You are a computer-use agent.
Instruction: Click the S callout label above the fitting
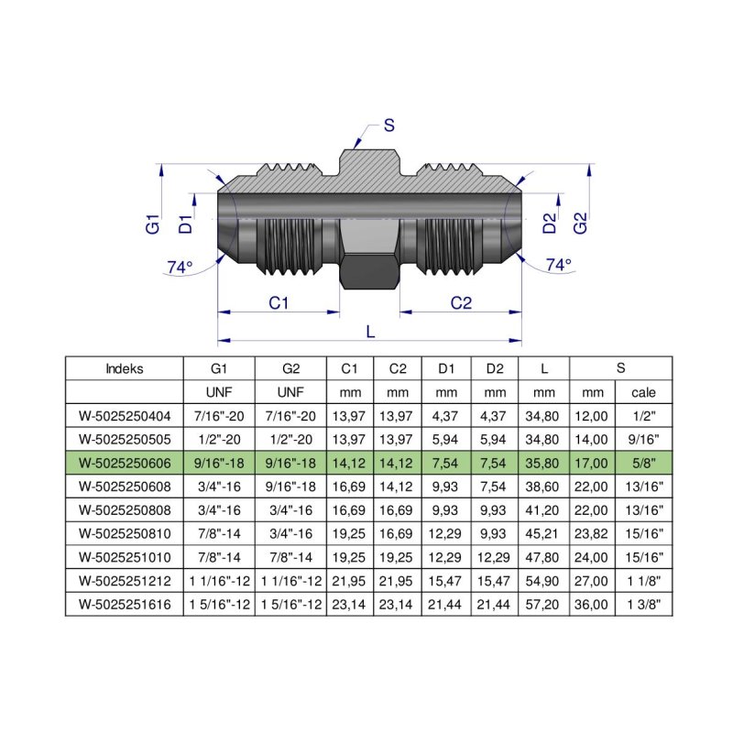(388, 126)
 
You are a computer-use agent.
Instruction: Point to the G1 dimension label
(153, 223)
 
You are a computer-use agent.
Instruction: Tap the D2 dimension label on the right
(550, 223)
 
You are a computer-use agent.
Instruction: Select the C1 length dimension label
(279, 302)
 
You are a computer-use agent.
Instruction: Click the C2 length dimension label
(461, 302)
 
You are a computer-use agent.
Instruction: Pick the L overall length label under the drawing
(370, 332)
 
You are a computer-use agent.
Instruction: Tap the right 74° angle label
(558, 265)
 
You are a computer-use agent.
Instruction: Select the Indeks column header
(125, 369)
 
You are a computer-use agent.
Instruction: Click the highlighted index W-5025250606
(125, 462)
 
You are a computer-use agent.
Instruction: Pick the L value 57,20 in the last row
(544, 604)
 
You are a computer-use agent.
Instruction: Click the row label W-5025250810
(125, 533)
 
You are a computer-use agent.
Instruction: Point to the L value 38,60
(544, 486)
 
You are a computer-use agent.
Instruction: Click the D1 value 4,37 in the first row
(447, 415)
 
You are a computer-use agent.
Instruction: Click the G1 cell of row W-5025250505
(219, 438)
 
